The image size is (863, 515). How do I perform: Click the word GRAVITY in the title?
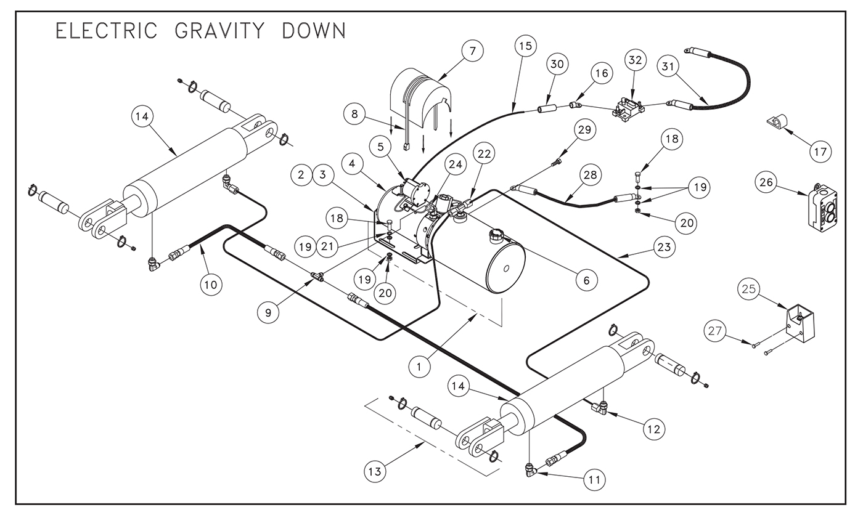pyautogui.click(x=220, y=31)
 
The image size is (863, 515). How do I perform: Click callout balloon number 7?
pyautogui.click(x=473, y=51)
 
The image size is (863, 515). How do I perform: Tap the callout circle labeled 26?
pyautogui.click(x=766, y=182)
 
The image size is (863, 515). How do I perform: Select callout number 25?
pyautogui.click(x=749, y=289)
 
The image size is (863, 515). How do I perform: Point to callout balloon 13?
pyautogui.click(x=375, y=471)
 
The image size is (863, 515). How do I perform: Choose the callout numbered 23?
pyautogui.click(x=665, y=247)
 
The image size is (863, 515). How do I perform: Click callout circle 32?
pyautogui.click(x=636, y=60)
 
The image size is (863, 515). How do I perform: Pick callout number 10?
pyautogui.click(x=211, y=285)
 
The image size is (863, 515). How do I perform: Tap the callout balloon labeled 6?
pyautogui.click(x=586, y=280)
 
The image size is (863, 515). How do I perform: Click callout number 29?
pyautogui.click(x=584, y=130)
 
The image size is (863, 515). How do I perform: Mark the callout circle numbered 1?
pyautogui.click(x=419, y=367)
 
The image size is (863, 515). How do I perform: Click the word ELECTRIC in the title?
pyautogui.click(x=107, y=31)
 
